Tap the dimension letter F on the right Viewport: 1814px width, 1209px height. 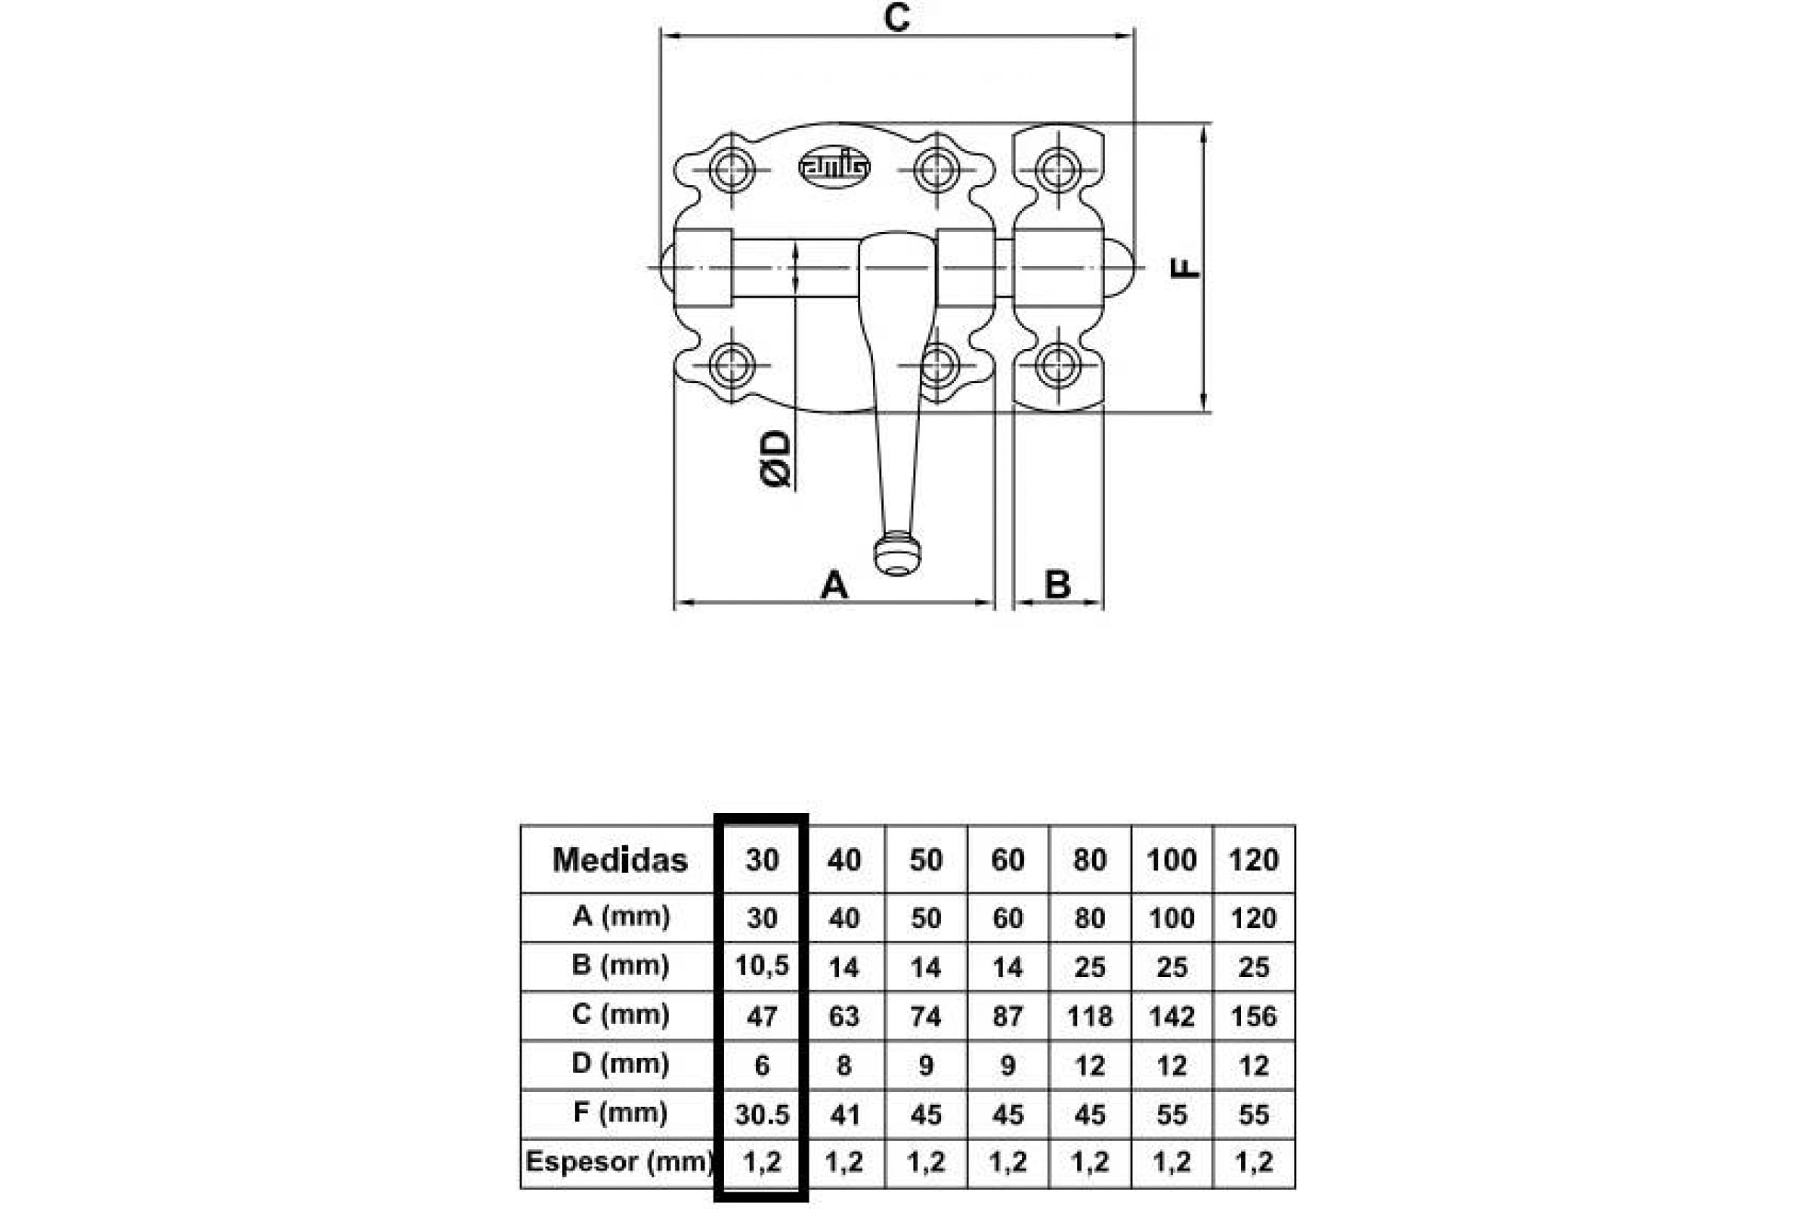(1185, 267)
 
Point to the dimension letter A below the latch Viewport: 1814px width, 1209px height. (834, 584)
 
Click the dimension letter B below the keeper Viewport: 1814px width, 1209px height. (1057, 584)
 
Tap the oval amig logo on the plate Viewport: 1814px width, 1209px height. (834, 167)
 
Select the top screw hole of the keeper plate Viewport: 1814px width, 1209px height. (1058, 169)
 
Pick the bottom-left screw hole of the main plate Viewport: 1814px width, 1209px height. (732, 366)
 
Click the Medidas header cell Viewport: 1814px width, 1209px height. (620, 860)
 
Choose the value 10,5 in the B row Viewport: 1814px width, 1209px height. (762, 966)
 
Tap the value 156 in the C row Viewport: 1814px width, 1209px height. (1254, 1016)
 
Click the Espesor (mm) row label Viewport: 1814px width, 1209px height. (618, 1161)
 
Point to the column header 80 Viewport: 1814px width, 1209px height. (1090, 860)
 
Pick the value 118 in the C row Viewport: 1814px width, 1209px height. (1090, 1016)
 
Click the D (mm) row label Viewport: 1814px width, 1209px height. (621, 1063)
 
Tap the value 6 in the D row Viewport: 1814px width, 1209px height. (762, 1065)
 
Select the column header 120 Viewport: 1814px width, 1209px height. (1254, 860)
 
